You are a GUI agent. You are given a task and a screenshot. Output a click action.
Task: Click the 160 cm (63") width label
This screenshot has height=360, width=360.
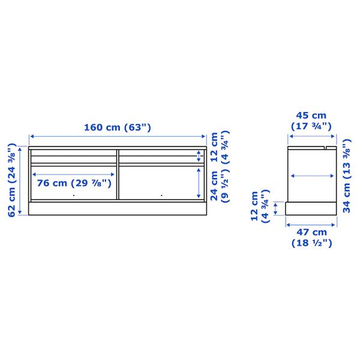[x=117, y=127]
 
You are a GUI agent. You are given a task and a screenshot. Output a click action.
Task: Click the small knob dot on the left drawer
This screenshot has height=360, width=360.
[x=73, y=196]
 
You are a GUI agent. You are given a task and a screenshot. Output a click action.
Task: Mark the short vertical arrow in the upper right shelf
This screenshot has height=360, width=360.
[x=199, y=157]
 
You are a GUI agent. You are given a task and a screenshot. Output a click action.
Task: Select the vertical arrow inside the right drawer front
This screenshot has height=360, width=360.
[x=199, y=182]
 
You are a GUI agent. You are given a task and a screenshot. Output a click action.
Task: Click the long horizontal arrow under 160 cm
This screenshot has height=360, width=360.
[x=118, y=137]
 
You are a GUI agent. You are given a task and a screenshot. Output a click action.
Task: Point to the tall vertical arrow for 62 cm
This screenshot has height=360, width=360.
[x=22, y=179]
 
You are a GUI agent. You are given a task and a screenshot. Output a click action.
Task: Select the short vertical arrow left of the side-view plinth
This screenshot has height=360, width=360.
[x=276, y=208]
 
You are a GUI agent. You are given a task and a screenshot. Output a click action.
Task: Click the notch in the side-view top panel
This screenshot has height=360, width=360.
[x=329, y=145]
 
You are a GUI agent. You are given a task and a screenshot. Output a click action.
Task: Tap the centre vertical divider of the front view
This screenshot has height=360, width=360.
[x=118, y=174]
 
